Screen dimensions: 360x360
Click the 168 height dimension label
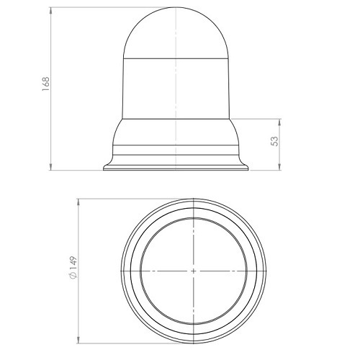pos(45,84)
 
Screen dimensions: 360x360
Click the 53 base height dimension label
pos(274,141)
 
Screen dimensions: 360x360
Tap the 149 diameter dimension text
pos(73,264)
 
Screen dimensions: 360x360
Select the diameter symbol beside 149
pos(73,276)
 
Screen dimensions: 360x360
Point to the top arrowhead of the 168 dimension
pos(50,10)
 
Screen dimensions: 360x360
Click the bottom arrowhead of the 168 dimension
pos(50,167)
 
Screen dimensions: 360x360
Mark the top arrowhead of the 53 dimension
pos(279,122)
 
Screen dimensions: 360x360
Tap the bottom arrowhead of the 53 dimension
pos(279,167)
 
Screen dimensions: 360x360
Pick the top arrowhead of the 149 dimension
pos(78,202)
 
